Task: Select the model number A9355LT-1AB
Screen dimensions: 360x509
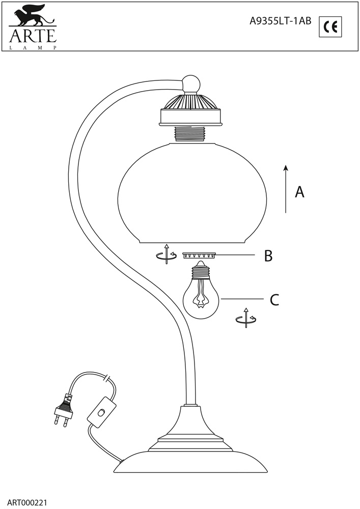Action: click(280, 21)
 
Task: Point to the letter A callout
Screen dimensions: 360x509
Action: click(299, 192)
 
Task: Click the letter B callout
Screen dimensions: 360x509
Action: click(268, 256)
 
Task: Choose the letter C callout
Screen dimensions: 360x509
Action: click(274, 300)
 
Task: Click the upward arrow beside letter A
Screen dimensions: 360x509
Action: click(286, 189)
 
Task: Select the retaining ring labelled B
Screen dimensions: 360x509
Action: click(200, 256)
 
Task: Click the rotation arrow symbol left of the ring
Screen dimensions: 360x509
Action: click(166, 253)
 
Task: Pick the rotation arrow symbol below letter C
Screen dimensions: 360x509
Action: click(246, 318)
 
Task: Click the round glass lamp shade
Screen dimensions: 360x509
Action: click(192, 193)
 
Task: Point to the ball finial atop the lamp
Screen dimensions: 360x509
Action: click(191, 84)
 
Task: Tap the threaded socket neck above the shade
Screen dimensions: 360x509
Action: click(191, 133)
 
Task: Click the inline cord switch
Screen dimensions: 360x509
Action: click(102, 412)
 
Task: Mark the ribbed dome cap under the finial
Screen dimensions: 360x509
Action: click(191, 102)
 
